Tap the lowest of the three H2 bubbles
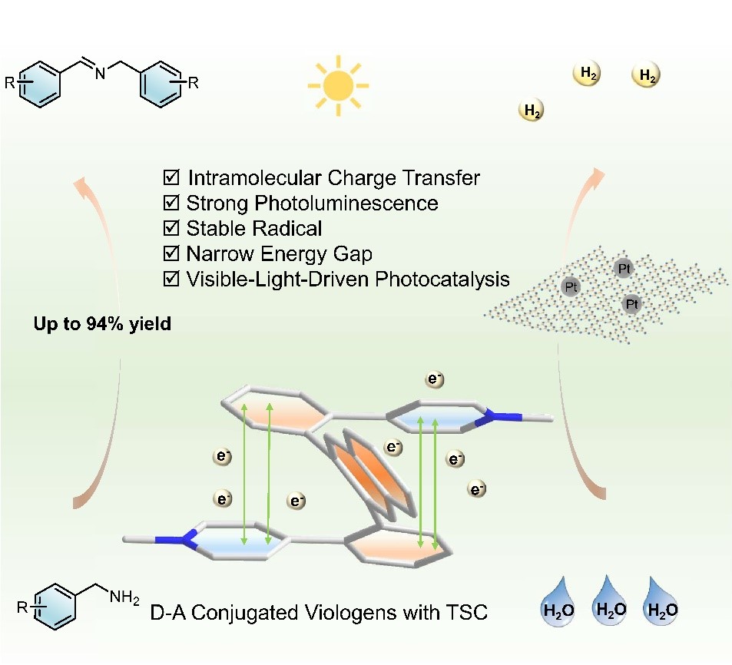(531, 111)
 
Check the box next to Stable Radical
(171, 228)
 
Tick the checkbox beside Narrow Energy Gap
(171, 253)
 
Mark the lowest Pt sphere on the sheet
(631, 304)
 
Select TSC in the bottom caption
(465, 614)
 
